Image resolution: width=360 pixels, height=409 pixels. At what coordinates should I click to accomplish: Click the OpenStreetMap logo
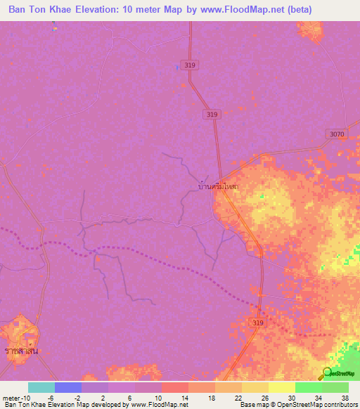coord(338,373)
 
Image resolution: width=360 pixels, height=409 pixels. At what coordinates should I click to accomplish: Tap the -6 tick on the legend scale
coord(50,397)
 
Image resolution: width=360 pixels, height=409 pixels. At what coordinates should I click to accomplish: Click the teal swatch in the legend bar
coord(41,387)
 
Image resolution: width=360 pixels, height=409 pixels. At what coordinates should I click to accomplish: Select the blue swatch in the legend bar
coord(67,387)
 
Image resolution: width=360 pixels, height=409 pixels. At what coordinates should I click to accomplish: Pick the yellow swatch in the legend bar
coord(281,387)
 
